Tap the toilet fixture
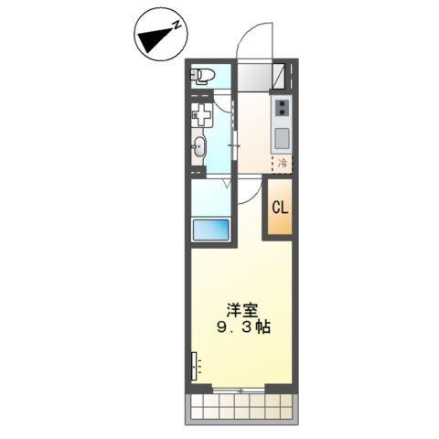[x=201, y=75]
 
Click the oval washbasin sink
[x=200, y=147]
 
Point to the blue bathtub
[x=210, y=230]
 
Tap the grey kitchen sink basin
[x=282, y=139]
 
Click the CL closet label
[x=279, y=208]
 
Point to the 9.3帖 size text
[x=242, y=327]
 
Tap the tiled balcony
[x=241, y=408]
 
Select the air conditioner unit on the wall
[x=195, y=366]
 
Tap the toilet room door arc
[x=227, y=101]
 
